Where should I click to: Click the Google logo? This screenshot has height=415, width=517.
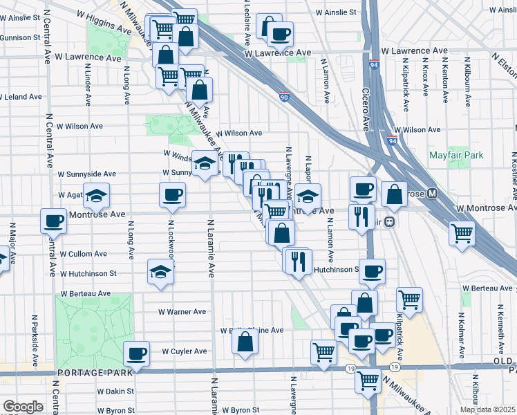pyautogui.click(x=23, y=407)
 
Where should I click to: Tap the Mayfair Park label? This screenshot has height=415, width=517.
pyautogui.click(x=456, y=156)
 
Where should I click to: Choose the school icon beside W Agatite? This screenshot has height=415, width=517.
pyautogui.click(x=97, y=195)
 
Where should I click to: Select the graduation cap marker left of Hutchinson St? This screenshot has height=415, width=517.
pyautogui.click(x=160, y=273)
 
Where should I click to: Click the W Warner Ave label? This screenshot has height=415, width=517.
pyautogui.click(x=182, y=312)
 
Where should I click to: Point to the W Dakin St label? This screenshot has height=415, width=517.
pyautogui.click(x=87, y=391)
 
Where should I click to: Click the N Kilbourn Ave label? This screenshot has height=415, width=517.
pyautogui.click(x=467, y=86)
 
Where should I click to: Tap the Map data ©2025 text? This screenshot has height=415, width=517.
pyautogui.click(x=487, y=409)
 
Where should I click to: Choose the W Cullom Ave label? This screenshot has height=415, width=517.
pyautogui.click(x=82, y=255)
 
